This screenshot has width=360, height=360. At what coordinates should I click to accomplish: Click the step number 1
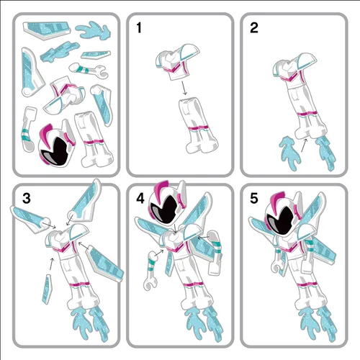(139, 28)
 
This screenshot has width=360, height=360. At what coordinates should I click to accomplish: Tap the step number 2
(254, 28)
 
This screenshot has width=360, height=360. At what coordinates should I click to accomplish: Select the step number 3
(27, 199)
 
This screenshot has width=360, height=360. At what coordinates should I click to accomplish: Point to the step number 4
(140, 199)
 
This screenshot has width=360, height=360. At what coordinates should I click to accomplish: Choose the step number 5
(254, 199)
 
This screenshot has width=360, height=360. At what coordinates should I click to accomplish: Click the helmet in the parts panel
(57, 144)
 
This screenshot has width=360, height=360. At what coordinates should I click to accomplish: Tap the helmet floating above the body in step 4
(167, 204)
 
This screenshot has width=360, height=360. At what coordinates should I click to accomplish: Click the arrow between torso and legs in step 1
(184, 88)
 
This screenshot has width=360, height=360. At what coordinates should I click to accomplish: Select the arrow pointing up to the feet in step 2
(304, 145)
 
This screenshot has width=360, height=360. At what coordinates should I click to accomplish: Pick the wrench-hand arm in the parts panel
(87, 69)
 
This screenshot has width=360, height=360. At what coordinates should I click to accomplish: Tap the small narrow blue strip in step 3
(47, 289)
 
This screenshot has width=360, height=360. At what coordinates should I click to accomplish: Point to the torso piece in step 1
(178, 62)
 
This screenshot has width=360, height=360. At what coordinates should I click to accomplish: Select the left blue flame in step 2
(289, 153)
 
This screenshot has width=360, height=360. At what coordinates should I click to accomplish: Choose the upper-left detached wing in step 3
(30, 219)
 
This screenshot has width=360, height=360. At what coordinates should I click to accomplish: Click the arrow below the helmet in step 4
(176, 228)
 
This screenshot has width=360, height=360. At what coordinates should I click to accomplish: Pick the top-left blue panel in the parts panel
(47, 30)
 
